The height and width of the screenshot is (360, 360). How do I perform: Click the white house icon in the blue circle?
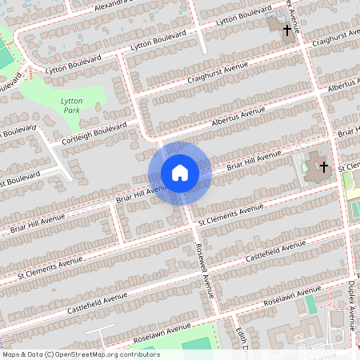(179, 172)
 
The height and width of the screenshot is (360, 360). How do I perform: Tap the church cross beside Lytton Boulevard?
(286, 29)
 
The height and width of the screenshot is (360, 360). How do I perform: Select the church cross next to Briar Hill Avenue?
(323, 167)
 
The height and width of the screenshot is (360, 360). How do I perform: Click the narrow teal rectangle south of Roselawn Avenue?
(311, 305)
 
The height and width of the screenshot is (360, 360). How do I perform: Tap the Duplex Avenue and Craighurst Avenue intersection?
(307, 47)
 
